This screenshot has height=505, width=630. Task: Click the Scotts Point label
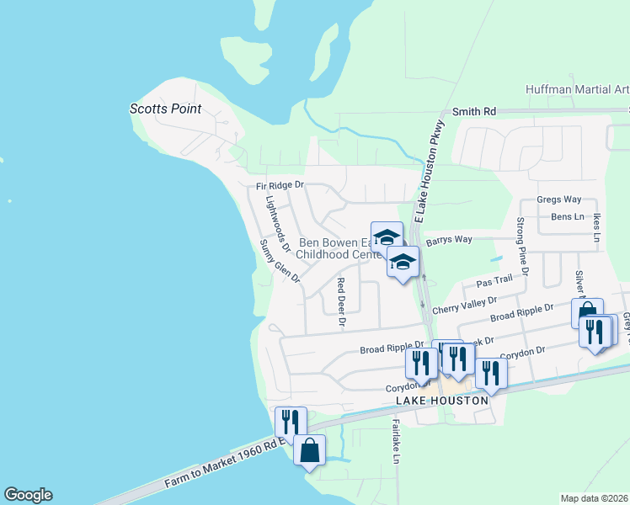point(165,109)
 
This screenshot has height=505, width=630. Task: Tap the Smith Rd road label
point(474,111)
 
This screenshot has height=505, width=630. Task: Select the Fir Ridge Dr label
point(280,185)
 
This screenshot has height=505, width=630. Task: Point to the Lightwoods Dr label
point(277,225)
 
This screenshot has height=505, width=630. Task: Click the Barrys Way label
point(449,240)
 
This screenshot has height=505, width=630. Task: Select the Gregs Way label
point(559,199)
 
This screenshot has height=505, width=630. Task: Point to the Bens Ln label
point(567,216)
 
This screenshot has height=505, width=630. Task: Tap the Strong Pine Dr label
point(521,246)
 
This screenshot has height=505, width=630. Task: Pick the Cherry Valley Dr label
point(465,305)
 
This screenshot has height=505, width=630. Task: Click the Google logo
point(28,495)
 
